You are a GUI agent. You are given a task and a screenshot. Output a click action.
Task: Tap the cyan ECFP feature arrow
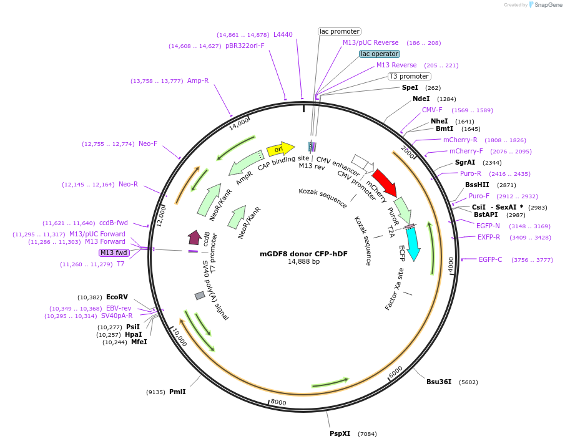point(413,243)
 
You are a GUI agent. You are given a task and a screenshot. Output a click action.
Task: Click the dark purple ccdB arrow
point(194,237)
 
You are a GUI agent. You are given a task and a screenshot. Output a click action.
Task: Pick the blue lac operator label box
point(380,54)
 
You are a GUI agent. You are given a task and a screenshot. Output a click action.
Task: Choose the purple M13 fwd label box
point(113,253)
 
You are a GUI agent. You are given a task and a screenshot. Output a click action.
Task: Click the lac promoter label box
point(340,31)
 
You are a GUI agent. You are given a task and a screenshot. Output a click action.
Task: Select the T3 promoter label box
point(409,77)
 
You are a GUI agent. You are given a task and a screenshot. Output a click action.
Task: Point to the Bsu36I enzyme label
point(439,382)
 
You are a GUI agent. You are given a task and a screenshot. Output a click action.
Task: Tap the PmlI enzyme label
point(177,392)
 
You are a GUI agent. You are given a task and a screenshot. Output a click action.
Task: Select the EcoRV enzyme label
point(117,297)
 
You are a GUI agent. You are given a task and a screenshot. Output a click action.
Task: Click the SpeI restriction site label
point(410,88)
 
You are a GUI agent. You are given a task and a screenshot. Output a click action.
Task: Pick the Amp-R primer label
point(198,80)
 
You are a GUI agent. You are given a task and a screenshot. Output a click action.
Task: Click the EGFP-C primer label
point(490,259)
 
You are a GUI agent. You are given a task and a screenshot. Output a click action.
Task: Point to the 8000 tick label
point(278,403)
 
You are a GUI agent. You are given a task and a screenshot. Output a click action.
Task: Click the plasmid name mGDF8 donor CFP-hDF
point(303,254)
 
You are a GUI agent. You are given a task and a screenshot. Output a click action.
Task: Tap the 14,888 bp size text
point(303,262)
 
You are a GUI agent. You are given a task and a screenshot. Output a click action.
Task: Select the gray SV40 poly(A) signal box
point(200,295)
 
